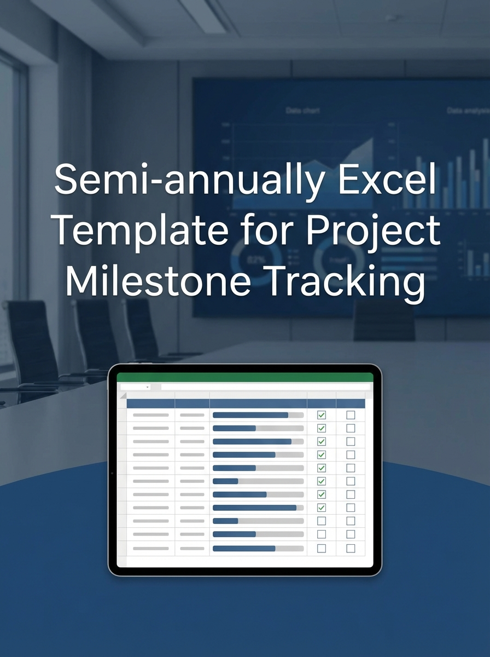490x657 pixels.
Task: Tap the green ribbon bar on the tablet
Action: pyautogui.click(x=244, y=377)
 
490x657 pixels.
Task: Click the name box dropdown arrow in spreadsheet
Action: pyautogui.click(x=148, y=387)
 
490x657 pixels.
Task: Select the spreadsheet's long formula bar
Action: pyautogui.click(x=265, y=387)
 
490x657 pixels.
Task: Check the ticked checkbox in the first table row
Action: pyautogui.click(x=322, y=415)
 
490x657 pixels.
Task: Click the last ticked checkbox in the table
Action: pyautogui.click(x=322, y=508)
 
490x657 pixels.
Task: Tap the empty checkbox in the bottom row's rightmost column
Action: pyautogui.click(x=351, y=548)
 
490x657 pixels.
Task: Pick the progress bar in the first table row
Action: pyautogui.click(x=258, y=415)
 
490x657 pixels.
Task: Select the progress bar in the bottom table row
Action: pyautogui.click(x=258, y=548)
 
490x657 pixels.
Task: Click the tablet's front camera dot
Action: pyautogui.click(x=112, y=473)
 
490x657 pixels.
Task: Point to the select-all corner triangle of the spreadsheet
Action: pyautogui.click(x=122, y=396)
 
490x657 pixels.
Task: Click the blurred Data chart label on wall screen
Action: pyautogui.click(x=302, y=111)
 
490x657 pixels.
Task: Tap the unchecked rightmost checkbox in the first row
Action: pyautogui.click(x=351, y=415)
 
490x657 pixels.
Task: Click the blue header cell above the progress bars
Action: pyautogui.click(x=258, y=404)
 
